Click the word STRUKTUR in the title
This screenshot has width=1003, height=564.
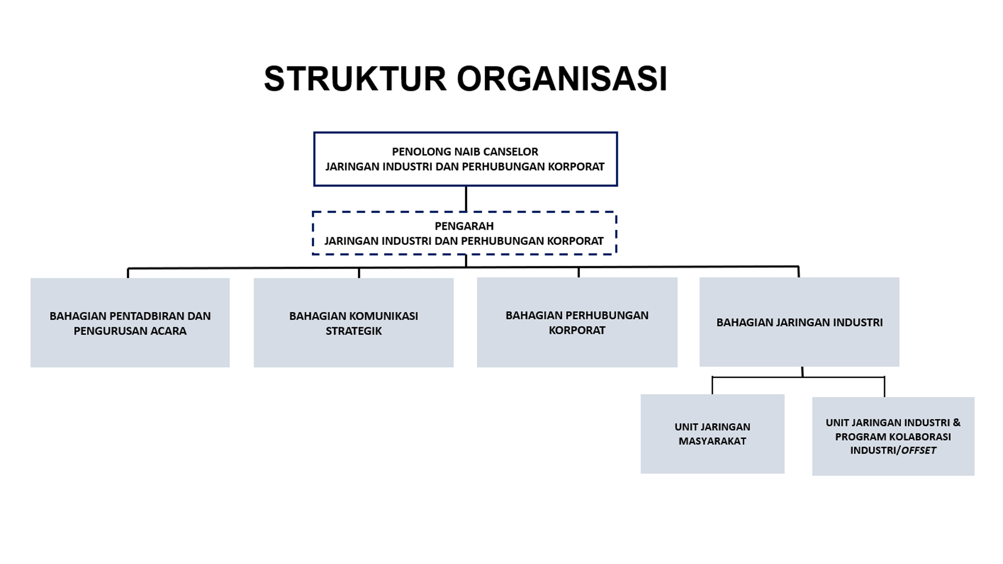point(355,79)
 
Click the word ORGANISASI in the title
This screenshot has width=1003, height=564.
point(562,79)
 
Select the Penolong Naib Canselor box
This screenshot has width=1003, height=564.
point(465,159)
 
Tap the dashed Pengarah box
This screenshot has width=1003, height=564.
point(464,233)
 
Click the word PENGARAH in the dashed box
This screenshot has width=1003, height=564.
point(464,226)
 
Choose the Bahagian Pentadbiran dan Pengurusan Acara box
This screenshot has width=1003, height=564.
point(130,323)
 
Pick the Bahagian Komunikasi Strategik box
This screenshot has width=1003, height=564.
point(354,323)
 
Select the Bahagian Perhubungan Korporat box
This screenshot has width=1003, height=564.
point(577,322)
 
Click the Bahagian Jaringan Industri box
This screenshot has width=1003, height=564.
point(799,322)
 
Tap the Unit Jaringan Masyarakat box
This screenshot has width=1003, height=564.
point(713,434)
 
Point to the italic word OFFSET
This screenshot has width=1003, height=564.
point(918,450)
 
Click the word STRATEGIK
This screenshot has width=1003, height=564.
point(354,331)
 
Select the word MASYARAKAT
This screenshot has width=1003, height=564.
point(713,441)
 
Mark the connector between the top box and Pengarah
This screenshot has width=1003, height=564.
point(465,199)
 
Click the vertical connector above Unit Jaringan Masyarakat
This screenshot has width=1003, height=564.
point(712,385)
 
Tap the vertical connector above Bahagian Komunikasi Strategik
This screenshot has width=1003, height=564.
point(359,273)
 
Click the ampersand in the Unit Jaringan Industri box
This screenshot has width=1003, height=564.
point(957,422)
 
